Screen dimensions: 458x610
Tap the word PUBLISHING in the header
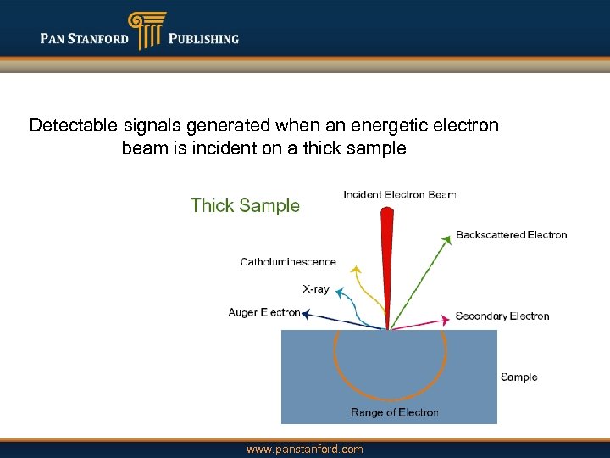point(203,38)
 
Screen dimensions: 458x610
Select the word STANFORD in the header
point(99,38)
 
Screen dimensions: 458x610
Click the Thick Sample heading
point(245,205)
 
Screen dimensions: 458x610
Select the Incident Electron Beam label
point(399,194)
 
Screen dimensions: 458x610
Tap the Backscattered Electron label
point(511,235)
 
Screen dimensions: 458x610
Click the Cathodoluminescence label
point(288,262)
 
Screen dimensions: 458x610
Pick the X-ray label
point(316,288)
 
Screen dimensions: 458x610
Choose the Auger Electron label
point(263,312)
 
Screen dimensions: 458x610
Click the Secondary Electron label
point(502,316)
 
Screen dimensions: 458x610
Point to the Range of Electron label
point(394,412)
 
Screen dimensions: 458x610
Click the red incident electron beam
point(387,254)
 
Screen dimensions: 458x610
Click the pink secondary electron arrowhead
point(443,321)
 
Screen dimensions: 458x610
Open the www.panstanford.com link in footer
point(304,450)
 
